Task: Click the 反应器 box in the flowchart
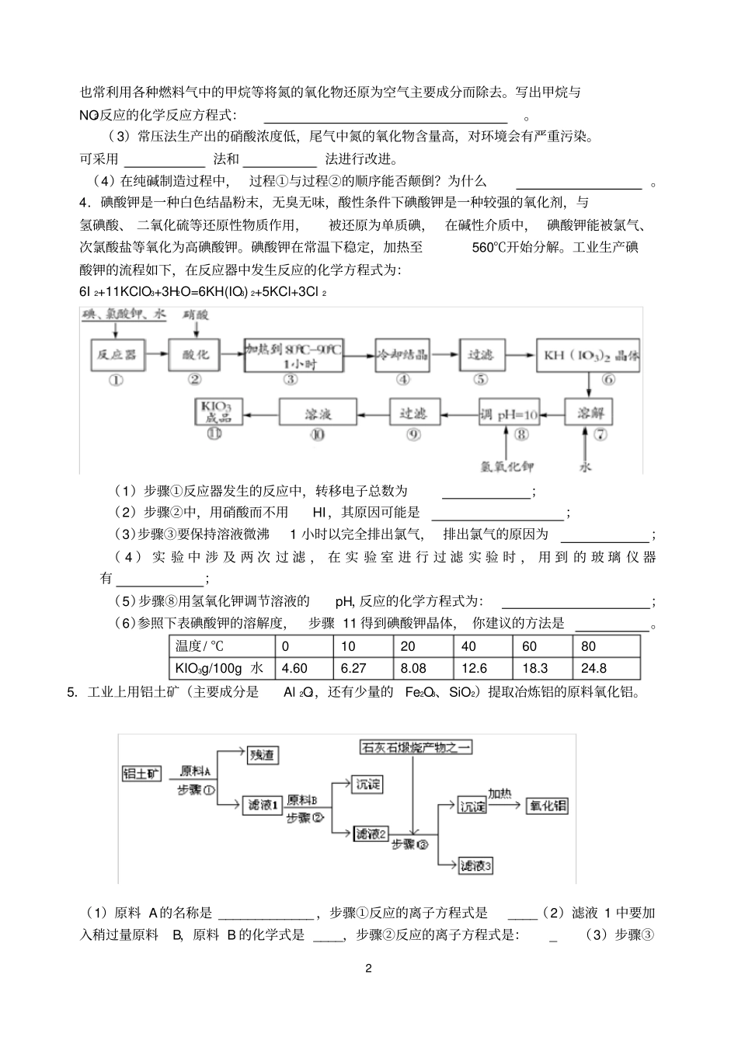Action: [x=116, y=353]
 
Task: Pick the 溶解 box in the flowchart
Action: [x=587, y=412]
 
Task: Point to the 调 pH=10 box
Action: [x=510, y=412]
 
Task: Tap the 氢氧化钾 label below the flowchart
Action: [x=507, y=467]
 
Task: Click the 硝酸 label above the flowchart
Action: [x=197, y=315]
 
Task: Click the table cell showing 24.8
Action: [x=594, y=668]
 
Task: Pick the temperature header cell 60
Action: [x=529, y=646]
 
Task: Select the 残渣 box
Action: [x=264, y=753]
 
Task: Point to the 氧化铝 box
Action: [x=548, y=806]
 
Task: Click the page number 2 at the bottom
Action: [x=369, y=969]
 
